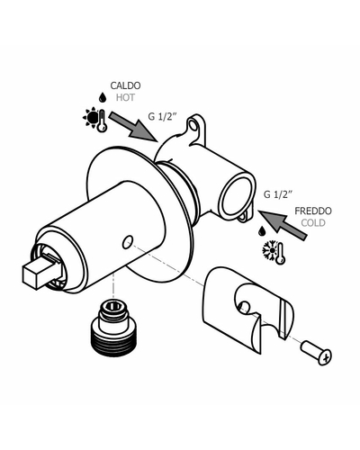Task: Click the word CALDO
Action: [x=125, y=85]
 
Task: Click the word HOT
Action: [x=125, y=97]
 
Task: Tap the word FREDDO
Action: [x=313, y=211]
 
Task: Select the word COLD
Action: [x=313, y=223]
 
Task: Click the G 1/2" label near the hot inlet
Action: [x=161, y=116]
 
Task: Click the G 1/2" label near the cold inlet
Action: [x=278, y=194]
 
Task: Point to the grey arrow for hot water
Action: [x=133, y=126]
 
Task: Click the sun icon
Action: [x=91, y=116]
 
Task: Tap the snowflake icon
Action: [x=270, y=249]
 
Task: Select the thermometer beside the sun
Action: [x=103, y=121]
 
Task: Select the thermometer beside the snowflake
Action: [x=281, y=254]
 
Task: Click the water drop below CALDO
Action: [x=103, y=97]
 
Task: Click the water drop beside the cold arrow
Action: [x=262, y=231]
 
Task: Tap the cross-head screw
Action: [x=316, y=353]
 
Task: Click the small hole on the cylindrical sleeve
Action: [x=128, y=242]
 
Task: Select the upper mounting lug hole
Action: [x=193, y=126]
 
